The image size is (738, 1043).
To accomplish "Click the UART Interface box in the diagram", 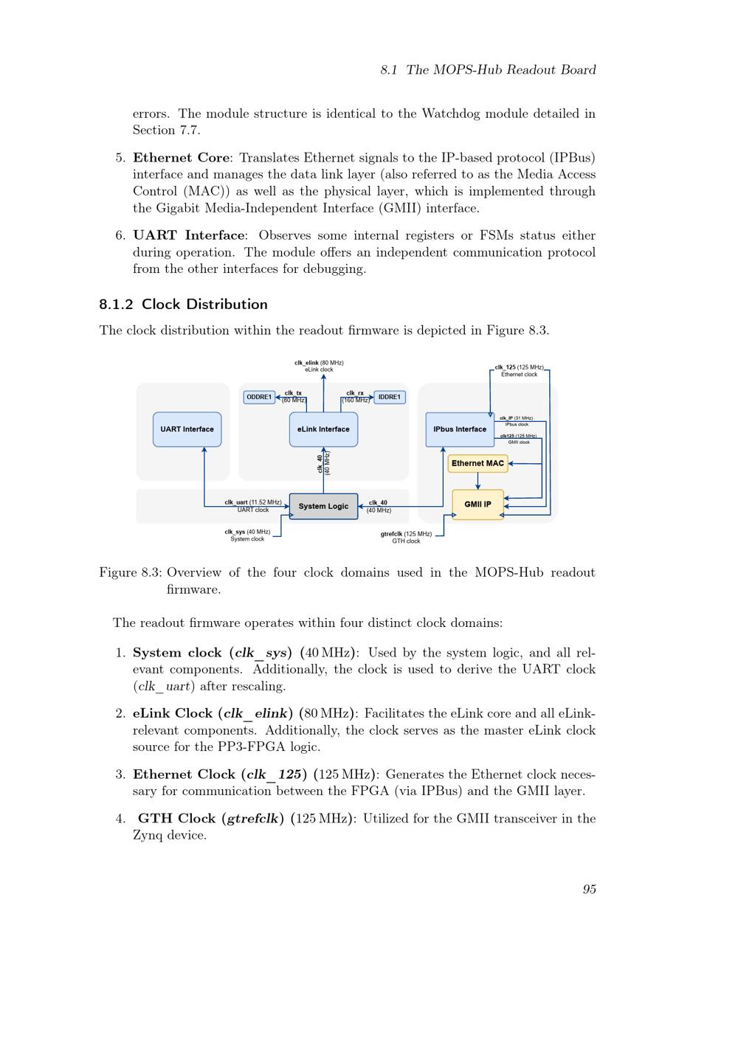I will click(x=187, y=429).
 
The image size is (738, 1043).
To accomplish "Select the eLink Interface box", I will click(x=323, y=429).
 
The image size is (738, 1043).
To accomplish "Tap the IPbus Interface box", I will click(x=460, y=429).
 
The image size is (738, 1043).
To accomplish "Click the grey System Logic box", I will click(x=323, y=506).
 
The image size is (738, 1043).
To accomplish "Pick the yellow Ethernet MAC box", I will click(x=477, y=463).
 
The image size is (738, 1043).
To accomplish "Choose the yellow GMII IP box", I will click(x=477, y=505).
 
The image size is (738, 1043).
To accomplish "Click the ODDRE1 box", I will click(x=259, y=397).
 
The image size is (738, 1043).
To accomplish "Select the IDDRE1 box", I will click(x=390, y=397).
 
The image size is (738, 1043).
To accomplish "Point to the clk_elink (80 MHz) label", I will click(x=319, y=363).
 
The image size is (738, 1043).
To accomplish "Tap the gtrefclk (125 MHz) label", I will click(x=406, y=534).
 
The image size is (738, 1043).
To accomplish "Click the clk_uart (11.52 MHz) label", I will click(x=252, y=502).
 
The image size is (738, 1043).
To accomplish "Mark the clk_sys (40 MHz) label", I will click(x=247, y=532).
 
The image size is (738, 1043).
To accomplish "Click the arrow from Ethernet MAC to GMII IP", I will click(x=477, y=481).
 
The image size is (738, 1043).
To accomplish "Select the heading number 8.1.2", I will click(x=116, y=305).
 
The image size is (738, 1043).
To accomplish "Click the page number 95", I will click(x=589, y=889).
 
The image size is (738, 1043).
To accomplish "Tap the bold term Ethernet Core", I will click(x=181, y=158).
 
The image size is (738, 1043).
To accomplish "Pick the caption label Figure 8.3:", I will click(x=131, y=572).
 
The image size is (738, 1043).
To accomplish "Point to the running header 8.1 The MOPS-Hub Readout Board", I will click(x=488, y=70).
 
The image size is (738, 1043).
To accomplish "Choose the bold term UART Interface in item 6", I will click(x=188, y=235).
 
